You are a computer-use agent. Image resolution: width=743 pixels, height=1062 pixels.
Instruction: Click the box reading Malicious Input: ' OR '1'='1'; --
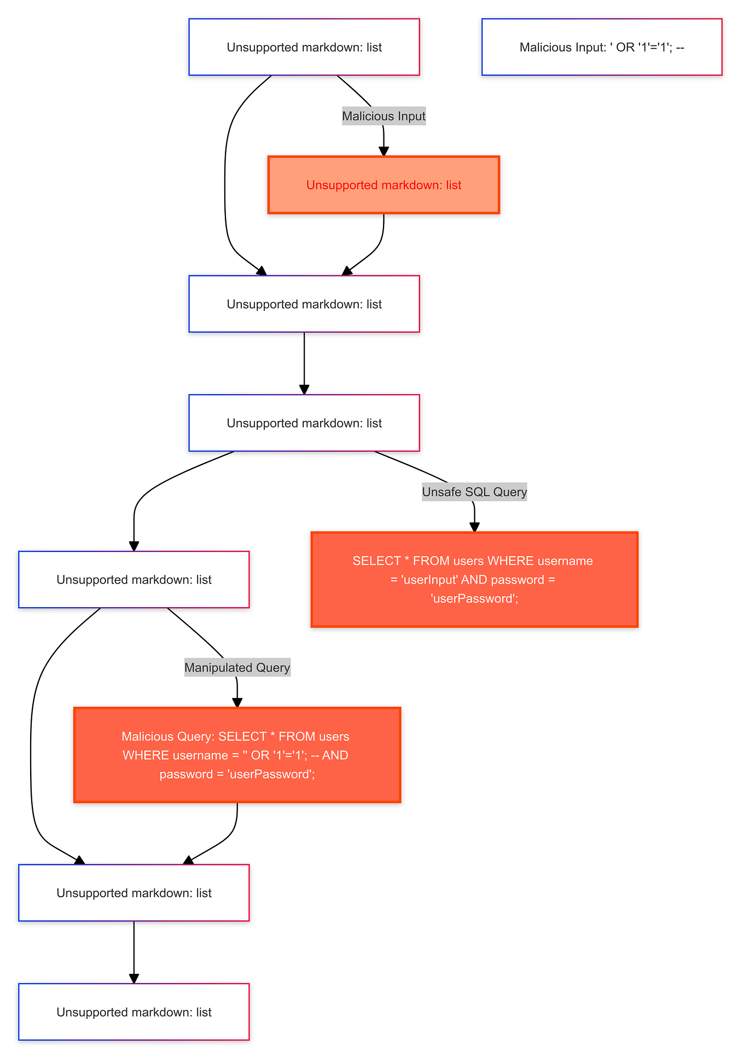pyautogui.click(x=602, y=47)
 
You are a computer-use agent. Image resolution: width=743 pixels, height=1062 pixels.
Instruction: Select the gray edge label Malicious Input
pyautogui.click(x=384, y=116)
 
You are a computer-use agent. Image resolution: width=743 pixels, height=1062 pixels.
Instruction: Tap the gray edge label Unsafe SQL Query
pyautogui.click(x=474, y=492)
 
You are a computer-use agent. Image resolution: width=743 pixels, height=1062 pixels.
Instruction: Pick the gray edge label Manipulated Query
pyautogui.click(x=237, y=667)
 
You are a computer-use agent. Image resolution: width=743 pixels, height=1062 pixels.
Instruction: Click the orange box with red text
pyautogui.click(x=384, y=185)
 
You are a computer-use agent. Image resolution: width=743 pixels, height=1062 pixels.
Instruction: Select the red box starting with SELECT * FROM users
pyautogui.click(x=474, y=579)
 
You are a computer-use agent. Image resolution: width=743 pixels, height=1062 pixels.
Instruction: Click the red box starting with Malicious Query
pyautogui.click(x=237, y=755)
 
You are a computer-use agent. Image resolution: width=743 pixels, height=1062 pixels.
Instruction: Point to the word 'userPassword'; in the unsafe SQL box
pyautogui.click(x=474, y=598)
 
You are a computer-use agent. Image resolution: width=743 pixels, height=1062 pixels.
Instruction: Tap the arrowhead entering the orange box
pyautogui.click(x=384, y=152)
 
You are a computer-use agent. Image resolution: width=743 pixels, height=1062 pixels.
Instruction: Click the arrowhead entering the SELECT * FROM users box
pyautogui.click(x=474, y=527)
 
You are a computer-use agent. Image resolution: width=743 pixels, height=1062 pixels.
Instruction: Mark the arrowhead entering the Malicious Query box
pyautogui.click(x=237, y=703)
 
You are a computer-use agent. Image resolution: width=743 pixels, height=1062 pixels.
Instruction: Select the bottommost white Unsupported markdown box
pyautogui.click(x=134, y=1012)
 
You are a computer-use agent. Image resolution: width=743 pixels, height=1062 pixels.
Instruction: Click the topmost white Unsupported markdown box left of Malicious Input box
pyautogui.click(x=304, y=47)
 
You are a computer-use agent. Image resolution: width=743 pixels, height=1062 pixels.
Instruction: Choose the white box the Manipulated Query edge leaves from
pyautogui.click(x=134, y=579)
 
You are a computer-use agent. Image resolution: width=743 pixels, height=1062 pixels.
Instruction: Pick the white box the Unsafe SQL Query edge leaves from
pyautogui.click(x=304, y=423)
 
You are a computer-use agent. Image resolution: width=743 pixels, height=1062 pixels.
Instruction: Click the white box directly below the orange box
pyautogui.click(x=304, y=304)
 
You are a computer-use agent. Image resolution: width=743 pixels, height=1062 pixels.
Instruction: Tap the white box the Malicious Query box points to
pyautogui.click(x=134, y=893)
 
